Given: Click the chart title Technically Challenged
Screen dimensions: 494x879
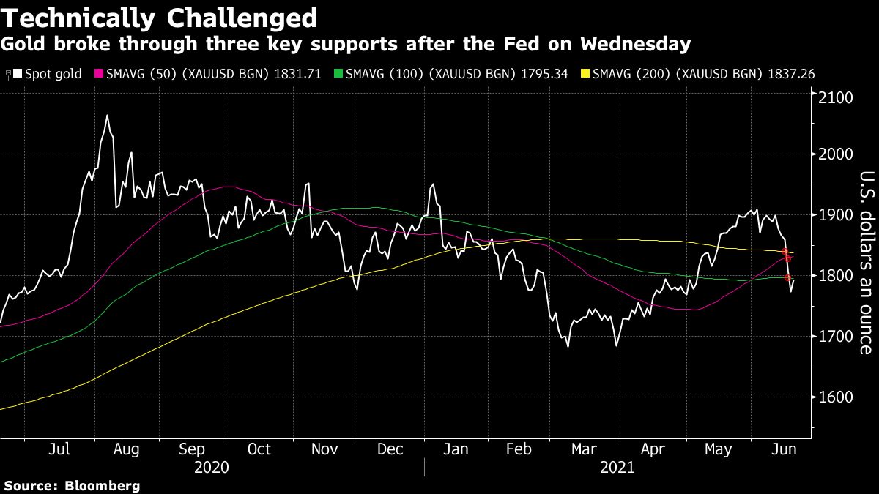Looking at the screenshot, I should pos(160,18).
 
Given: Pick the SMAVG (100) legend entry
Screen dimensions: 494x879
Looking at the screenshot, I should pos(454,74).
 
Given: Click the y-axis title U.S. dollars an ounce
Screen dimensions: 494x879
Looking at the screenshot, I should pos(866,263).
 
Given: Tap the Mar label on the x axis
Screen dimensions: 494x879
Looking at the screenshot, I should pos(584,449).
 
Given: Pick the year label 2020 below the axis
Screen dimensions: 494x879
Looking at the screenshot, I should pos(211,466).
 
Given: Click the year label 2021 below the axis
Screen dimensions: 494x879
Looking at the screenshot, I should pos(617,466).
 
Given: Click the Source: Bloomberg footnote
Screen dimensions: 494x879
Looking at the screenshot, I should pos(72,485).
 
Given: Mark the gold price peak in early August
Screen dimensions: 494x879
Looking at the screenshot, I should pos(107,116).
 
